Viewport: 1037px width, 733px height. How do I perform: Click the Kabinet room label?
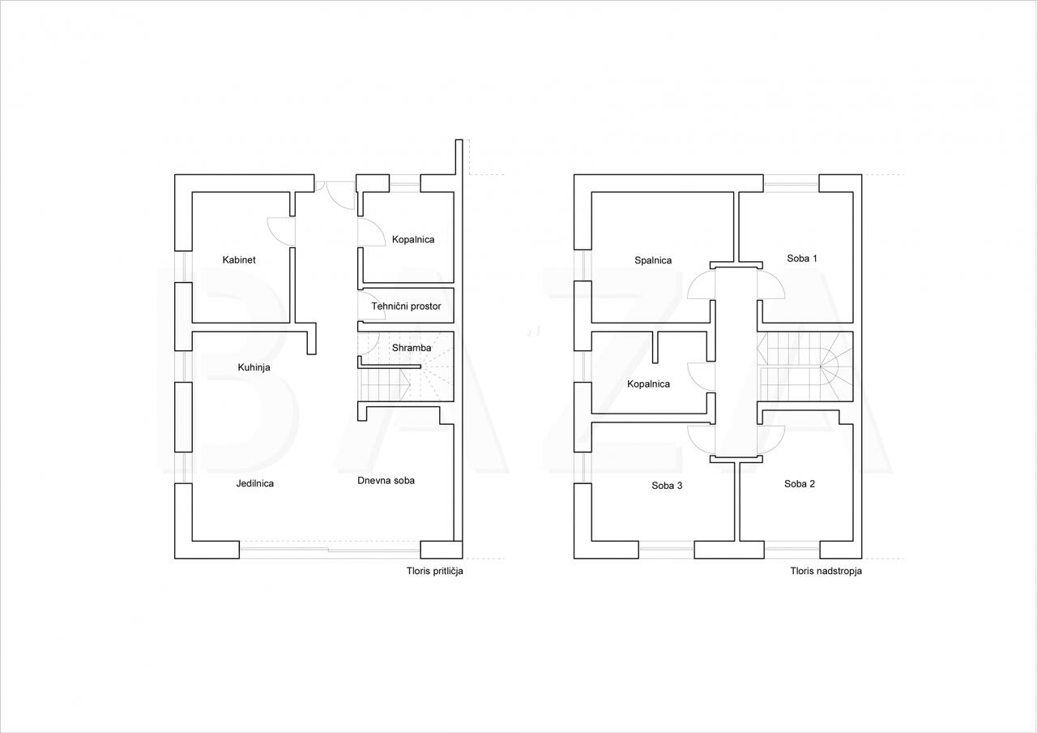(239, 260)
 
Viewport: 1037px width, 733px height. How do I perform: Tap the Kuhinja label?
(254, 367)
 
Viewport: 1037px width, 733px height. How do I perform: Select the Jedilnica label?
(254, 483)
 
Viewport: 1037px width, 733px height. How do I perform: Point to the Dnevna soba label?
(386, 481)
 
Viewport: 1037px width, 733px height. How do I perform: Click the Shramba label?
(411, 348)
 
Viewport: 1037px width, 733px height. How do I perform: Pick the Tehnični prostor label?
(406, 306)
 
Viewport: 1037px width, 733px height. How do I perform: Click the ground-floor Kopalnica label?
(413, 239)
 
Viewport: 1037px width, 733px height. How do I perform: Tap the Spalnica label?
(653, 260)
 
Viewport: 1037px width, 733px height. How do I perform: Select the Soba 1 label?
(802, 259)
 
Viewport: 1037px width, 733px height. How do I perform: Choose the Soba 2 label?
(800, 484)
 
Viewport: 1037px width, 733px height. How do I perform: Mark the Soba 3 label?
(667, 486)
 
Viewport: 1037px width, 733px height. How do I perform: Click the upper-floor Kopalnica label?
(648, 384)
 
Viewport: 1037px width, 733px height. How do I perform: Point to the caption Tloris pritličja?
(435, 571)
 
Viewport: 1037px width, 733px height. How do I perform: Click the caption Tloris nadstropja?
(826, 571)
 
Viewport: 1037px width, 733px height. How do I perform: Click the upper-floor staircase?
(805, 366)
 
